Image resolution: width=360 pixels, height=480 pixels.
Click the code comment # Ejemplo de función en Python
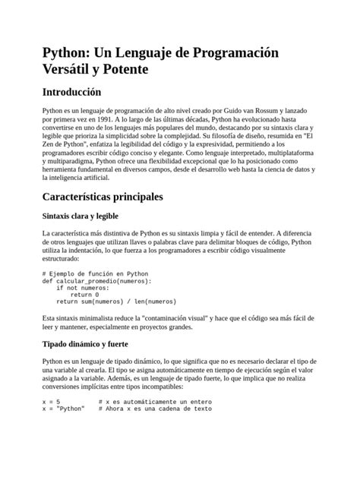coord(96,273)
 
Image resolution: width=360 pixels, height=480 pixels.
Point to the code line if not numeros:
coord(84,288)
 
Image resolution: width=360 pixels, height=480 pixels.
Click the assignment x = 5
coord(52,401)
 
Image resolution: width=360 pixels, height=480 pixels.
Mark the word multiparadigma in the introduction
coord(74,161)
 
